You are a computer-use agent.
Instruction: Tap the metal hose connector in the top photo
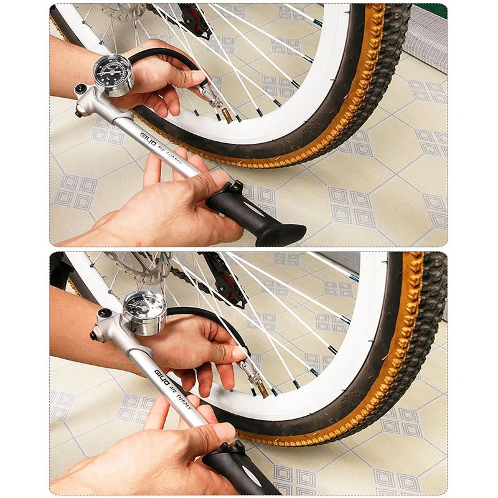[210, 96]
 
